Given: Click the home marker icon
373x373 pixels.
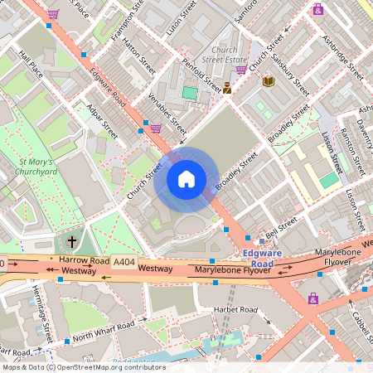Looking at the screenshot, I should coord(186,179).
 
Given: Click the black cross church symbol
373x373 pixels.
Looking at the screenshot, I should coord(72,242).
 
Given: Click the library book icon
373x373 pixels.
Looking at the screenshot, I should coord(269,81).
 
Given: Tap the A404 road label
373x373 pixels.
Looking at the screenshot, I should coord(124,262).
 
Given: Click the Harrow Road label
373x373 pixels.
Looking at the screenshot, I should coord(85,261).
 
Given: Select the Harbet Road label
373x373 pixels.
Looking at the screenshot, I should coord(236,310).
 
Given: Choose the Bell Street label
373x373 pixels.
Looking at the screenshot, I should coord(281,225).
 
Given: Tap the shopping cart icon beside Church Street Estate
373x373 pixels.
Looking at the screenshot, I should coord(241,70).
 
